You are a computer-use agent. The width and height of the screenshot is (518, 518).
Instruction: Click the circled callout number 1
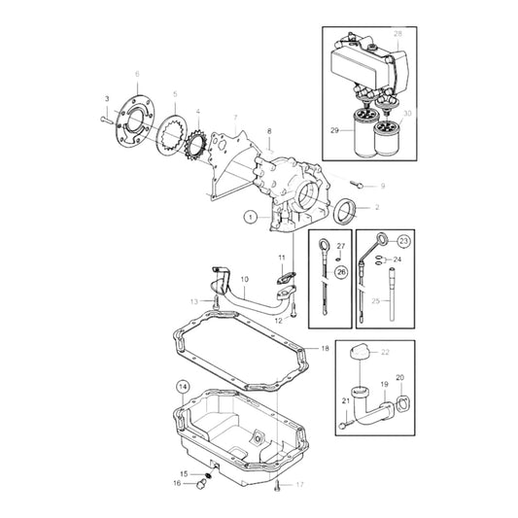click(251, 218)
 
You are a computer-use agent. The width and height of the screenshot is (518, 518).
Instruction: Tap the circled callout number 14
click(181, 387)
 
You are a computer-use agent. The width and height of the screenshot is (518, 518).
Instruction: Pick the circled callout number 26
click(340, 272)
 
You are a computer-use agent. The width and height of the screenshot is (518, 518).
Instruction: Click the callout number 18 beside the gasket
click(325, 348)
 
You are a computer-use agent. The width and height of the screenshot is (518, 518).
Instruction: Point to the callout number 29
click(334, 128)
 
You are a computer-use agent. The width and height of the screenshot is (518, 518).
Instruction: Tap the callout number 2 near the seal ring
click(377, 208)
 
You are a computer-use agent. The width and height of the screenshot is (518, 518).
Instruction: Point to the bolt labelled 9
click(359, 183)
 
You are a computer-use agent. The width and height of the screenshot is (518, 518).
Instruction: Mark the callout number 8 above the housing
click(268, 130)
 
